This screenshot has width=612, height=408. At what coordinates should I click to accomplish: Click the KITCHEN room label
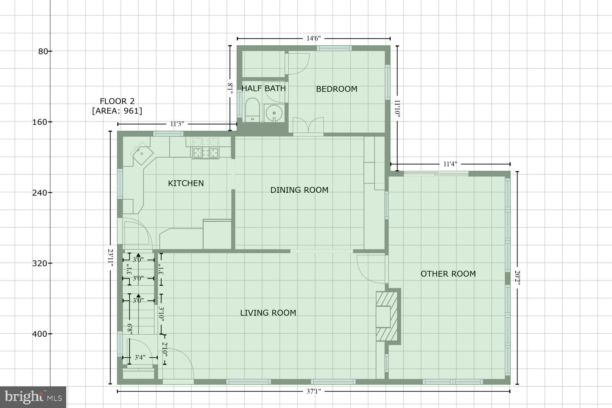(x=186, y=183)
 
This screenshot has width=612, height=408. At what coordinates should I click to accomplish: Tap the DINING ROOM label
(x=299, y=190)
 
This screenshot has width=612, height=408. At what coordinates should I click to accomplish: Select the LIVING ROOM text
(x=268, y=313)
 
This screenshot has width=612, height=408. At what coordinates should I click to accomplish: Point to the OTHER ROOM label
(x=448, y=274)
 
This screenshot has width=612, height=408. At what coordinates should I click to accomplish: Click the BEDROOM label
(x=336, y=89)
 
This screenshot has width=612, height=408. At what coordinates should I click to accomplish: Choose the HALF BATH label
(x=263, y=88)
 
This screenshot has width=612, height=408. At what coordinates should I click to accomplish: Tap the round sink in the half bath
(x=274, y=113)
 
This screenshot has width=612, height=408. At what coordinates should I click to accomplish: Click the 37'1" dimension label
(x=313, y=391)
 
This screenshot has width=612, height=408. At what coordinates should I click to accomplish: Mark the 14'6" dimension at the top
(x=313, y=38)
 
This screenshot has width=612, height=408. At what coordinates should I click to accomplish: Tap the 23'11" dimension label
(x=110, y=258)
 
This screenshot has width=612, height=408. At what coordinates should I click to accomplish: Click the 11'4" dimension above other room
(x=450, y=164)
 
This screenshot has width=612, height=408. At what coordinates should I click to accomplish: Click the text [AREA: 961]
(x=117, y=111)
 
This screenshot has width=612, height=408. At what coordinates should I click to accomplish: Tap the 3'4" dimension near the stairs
(x=140, y=358)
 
